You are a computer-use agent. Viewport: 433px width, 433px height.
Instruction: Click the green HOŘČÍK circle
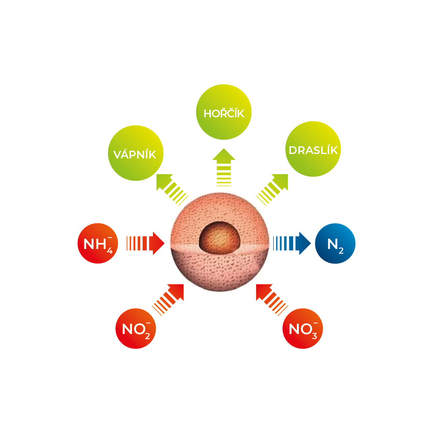[224, 112]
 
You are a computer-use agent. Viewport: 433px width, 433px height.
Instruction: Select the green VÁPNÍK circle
[136, 153]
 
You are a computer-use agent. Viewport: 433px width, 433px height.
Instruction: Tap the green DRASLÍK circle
[313, 149]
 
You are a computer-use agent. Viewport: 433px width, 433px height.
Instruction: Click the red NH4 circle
[98, 243]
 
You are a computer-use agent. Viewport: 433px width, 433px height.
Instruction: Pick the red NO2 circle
[136, 329]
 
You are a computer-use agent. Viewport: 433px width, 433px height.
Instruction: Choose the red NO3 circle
[302, 329]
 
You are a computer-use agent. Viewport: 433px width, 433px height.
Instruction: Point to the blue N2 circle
[335, 243]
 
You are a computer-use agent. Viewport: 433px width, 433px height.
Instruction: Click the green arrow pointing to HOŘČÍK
[224, 167]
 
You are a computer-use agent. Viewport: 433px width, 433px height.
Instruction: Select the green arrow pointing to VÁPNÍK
[172, 190]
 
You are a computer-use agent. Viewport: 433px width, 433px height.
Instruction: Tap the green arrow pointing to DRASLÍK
[272, 190]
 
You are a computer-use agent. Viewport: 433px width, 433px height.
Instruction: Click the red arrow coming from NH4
[146, 243]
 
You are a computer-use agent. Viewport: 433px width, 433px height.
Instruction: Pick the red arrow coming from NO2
[168, 300]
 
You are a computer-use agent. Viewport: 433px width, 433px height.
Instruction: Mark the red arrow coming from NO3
[272, 300]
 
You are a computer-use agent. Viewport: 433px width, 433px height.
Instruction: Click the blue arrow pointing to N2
[292, 243]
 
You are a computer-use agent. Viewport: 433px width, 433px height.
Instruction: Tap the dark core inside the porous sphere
[220, 238]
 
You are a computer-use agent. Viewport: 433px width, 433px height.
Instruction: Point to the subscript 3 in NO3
[314, 335]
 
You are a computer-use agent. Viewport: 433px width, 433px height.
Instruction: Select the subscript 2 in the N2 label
[341, 250]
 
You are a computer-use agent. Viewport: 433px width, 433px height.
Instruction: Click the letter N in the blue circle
[333, 244]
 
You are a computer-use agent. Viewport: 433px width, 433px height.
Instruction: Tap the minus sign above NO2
[148, 323]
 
